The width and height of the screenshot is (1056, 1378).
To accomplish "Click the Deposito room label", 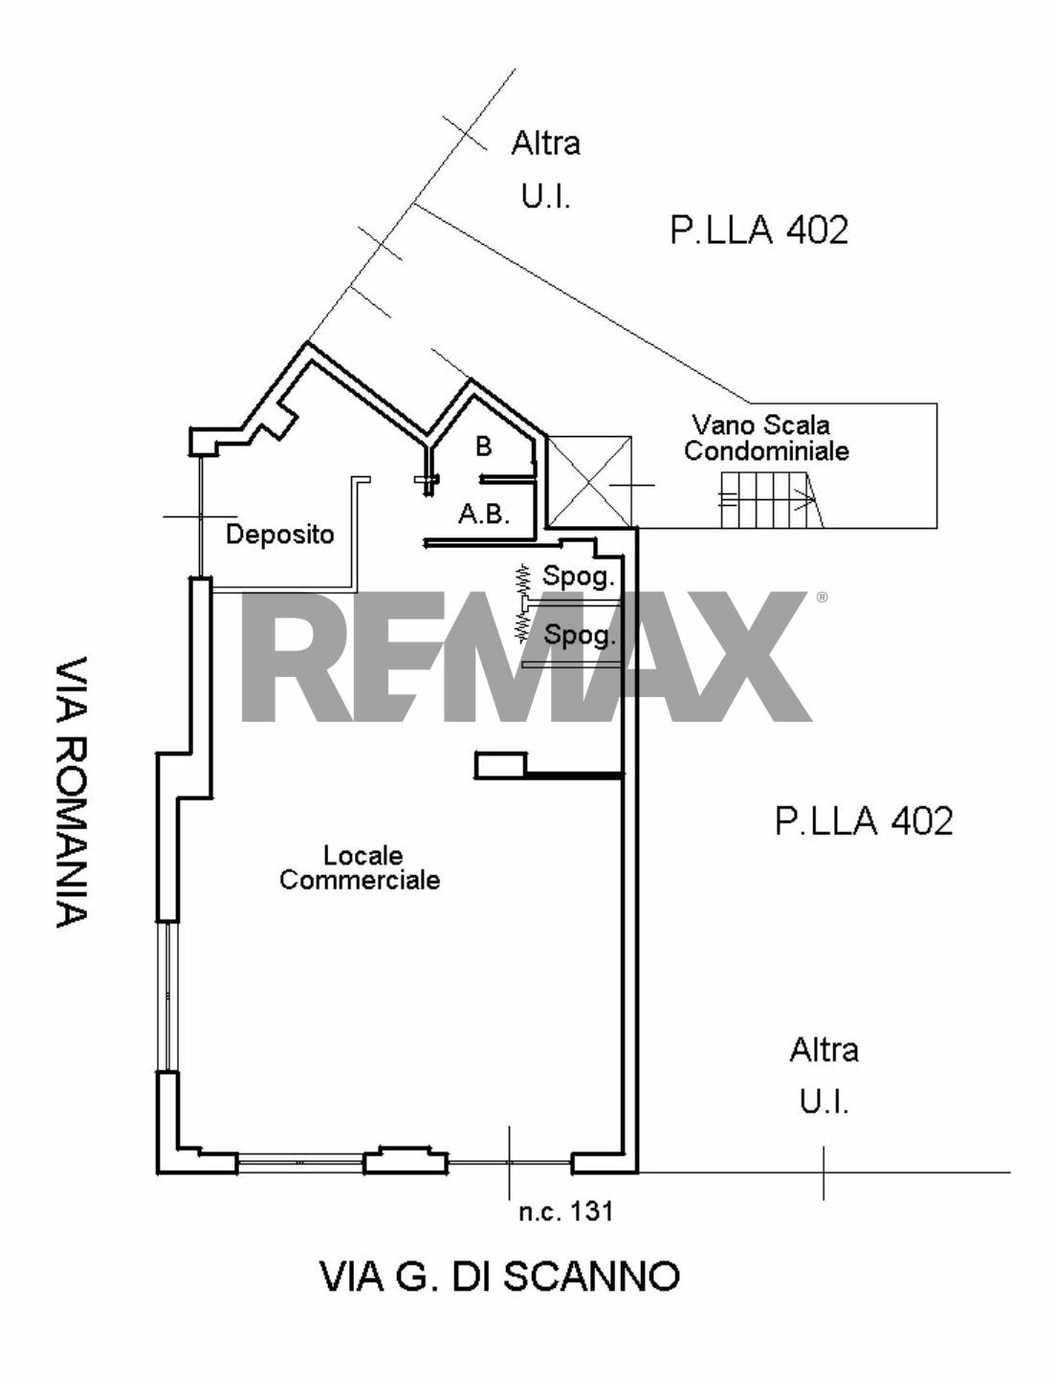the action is point(279,534).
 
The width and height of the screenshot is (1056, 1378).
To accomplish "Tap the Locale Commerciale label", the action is point(360,868).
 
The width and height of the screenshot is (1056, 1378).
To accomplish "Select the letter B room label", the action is point(484,447).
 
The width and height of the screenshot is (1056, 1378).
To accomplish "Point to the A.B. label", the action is point(485,514).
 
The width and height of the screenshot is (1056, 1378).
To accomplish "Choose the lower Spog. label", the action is point(581,635).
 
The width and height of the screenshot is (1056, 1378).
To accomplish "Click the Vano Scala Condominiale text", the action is point(766,438).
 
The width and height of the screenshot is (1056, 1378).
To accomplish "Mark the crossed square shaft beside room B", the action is point(590,482).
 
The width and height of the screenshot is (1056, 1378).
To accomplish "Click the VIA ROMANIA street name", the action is point(72,792).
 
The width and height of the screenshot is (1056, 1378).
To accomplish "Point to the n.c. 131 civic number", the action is point(565,1212).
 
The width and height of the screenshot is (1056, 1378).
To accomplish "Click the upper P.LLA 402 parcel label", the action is point(759,230).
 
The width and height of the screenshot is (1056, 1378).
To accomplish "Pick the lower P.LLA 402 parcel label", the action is point(864,821).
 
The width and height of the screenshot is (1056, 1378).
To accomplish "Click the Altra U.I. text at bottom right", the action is point(824,1076).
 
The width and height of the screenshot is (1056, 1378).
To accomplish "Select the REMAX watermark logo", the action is point(526,656).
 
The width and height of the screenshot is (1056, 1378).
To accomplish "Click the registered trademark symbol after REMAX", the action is point(822,597).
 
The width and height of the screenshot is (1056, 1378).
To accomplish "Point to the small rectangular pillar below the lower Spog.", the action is point(501,765).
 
